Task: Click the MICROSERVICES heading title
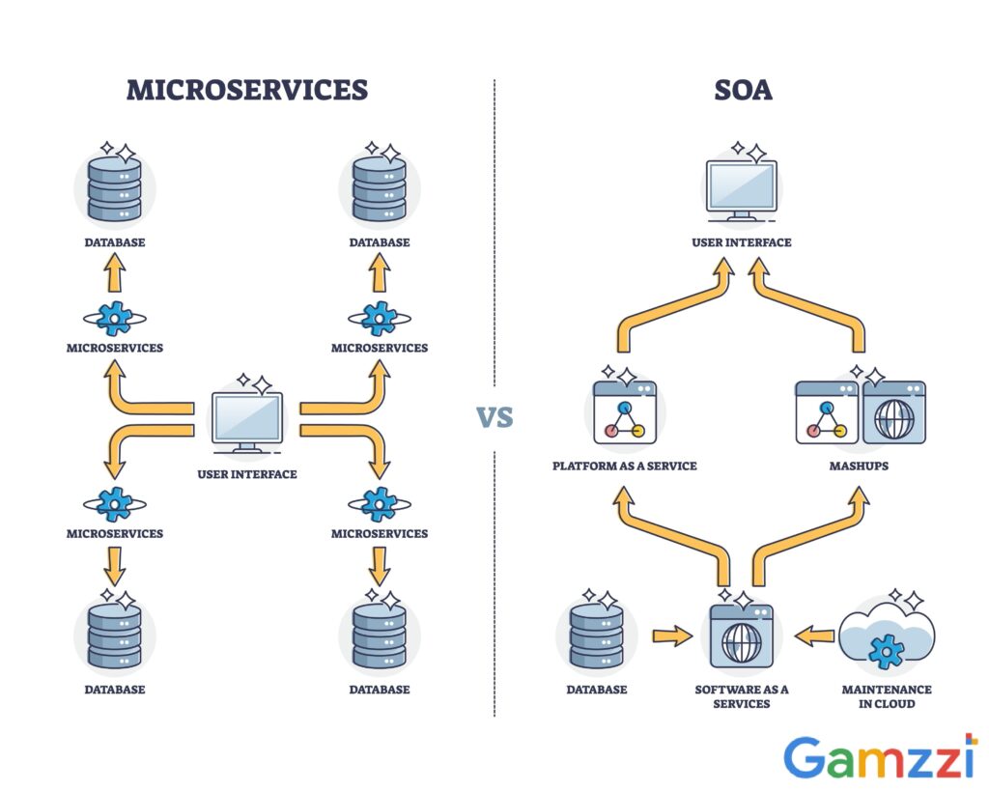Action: tap(247, 90)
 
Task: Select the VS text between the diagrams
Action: tap(494, 417)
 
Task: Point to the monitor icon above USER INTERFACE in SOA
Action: tap(741, 189)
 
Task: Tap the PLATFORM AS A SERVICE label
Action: tap(624, 466)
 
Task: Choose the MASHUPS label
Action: tap(859, 466)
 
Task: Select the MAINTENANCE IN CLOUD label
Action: tap(886, 696)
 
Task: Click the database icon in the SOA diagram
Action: tap(597, 636)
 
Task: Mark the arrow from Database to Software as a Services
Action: tap(672, 636)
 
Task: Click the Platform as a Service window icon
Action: tap(624, 412)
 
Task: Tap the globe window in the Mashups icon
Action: tap(893, 412)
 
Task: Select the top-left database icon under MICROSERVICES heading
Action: tap(115, 187)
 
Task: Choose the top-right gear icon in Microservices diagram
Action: tap(379, 317)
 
